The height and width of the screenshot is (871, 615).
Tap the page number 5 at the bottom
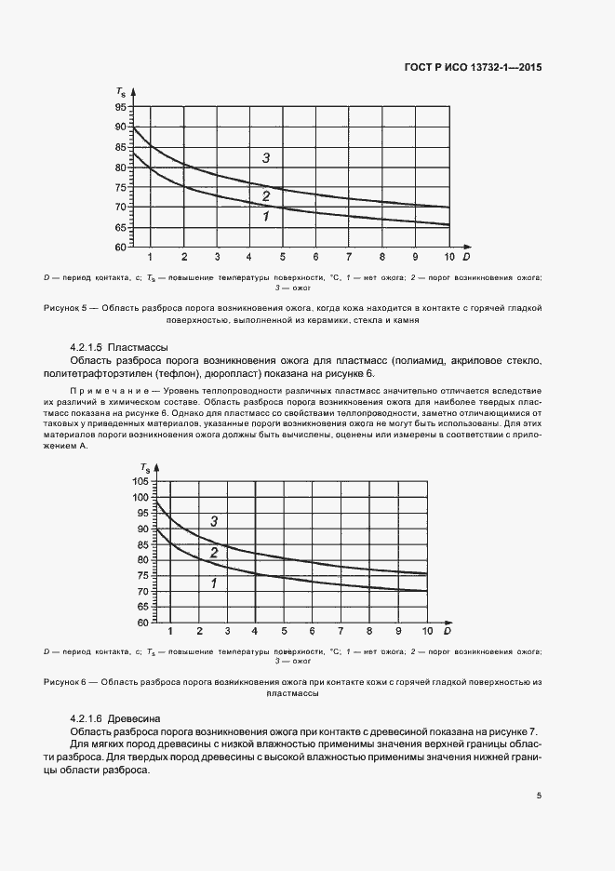coord(540,796)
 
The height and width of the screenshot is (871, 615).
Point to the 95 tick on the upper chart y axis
coord(121,107)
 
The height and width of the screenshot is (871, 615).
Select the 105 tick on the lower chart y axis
coord(141,481)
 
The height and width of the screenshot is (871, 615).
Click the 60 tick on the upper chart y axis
coord(121,248)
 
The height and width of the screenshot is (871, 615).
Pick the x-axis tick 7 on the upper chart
coord(349,257)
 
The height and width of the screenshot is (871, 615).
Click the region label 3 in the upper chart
coord(266,158)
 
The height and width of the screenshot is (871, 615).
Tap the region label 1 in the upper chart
coord(266,217)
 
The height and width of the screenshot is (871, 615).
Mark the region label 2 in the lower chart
coord(214,553)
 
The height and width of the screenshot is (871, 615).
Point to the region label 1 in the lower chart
coord(214,583)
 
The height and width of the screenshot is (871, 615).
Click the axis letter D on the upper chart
coord(466,256)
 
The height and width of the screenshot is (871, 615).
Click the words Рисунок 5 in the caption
coord(66,307)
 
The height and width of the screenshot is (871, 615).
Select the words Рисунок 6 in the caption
coord(66,682)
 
